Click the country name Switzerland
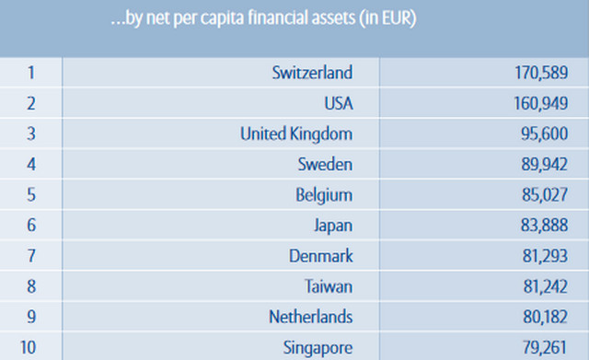coord(312,73)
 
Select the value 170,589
coord(541,73)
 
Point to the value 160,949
coord(540,103)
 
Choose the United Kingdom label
coord(296,134)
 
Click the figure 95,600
coord(544,134)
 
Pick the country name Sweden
coord(325,164)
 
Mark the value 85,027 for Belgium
coord(544,194)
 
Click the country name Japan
coord(333,226)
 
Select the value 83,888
coord(544,225)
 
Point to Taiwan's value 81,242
coord(546,286)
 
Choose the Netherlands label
coord(311,317)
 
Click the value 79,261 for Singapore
coord(544,347)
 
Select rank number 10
coord(28,347)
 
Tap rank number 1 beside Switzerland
coord(31,73)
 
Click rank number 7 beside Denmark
coord(31,256)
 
